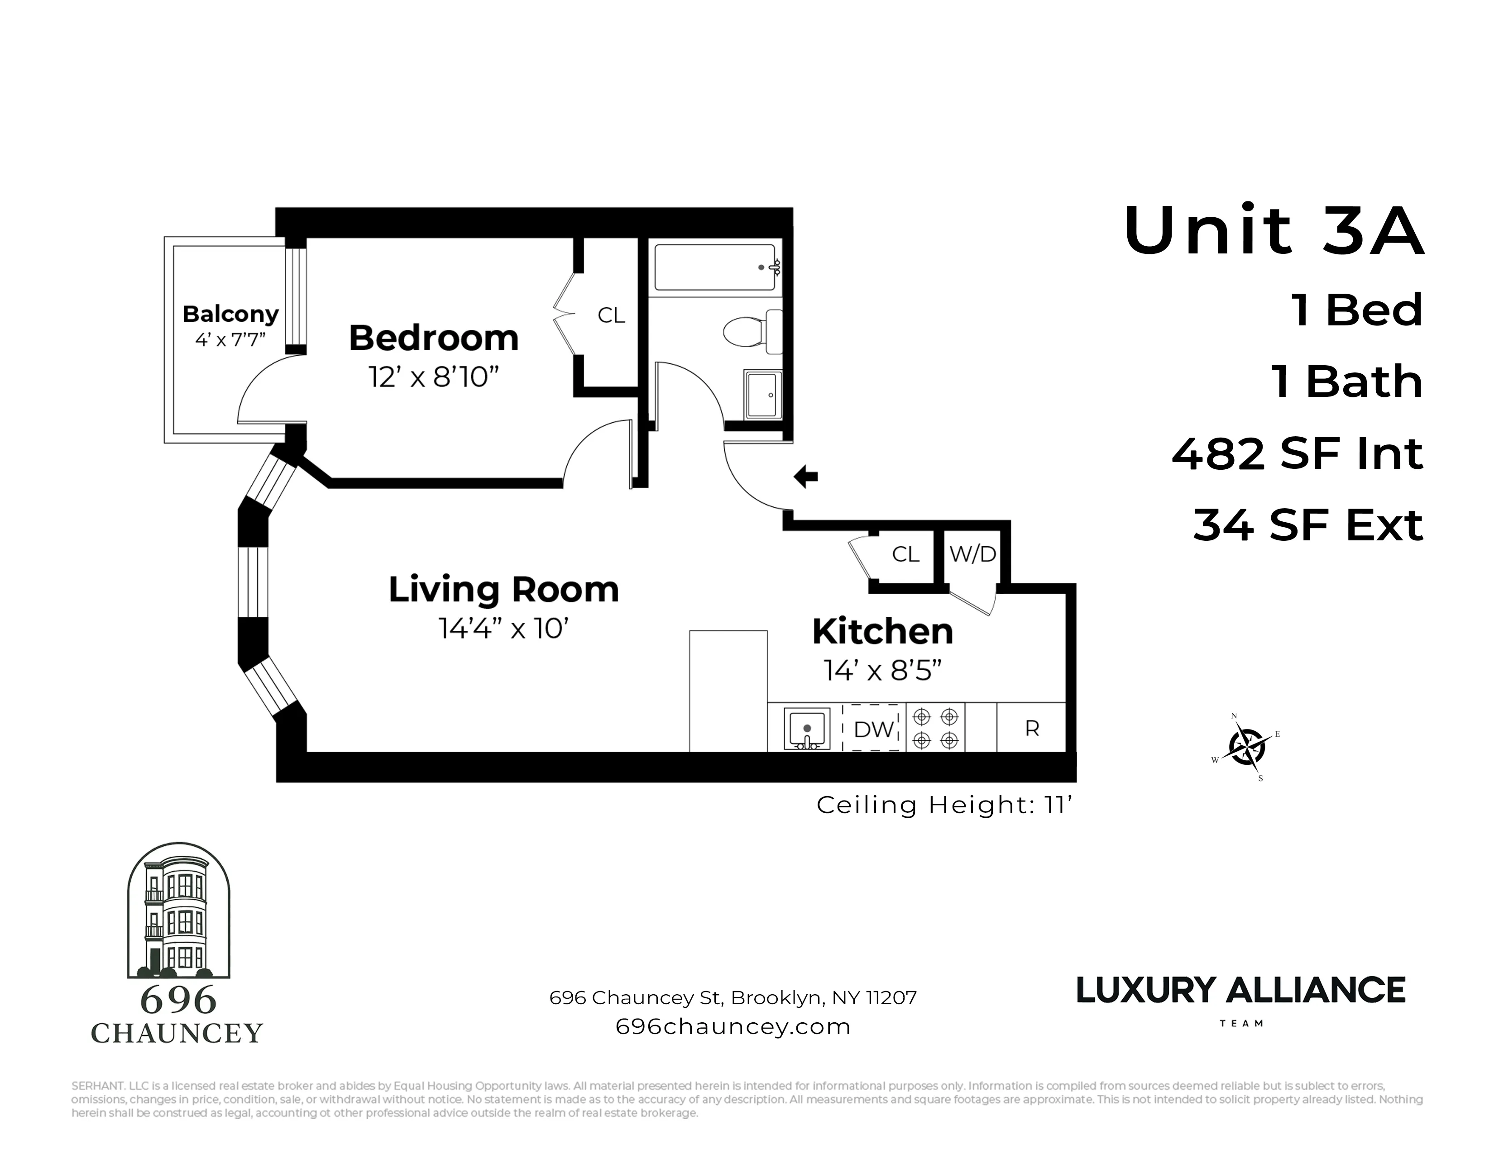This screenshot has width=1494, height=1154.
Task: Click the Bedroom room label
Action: (x=434, y=338)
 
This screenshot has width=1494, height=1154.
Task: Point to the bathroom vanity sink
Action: (x=763, y=395)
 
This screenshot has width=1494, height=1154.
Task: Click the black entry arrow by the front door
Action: (x=806, y=477)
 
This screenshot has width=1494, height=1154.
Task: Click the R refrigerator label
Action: (x=1032, y=729)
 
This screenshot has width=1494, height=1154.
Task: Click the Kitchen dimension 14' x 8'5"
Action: (x=882, y=671)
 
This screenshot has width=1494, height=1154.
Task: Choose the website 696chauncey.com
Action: (x=733, y=1026)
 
